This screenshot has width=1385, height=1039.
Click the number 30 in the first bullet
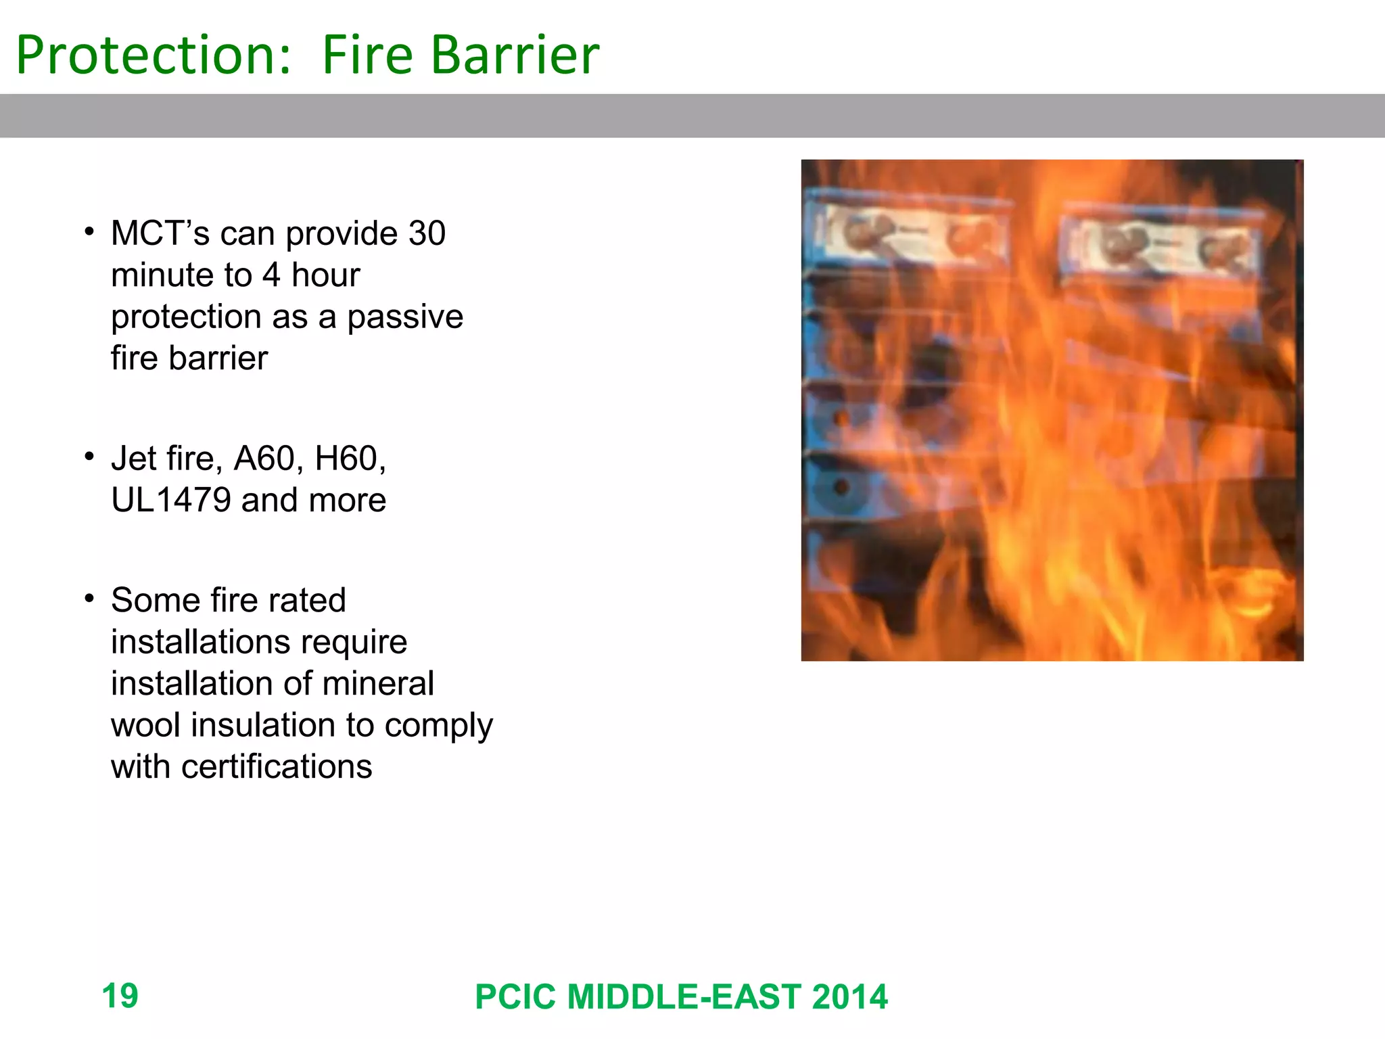tap(427, 233)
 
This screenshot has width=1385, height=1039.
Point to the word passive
tap(405, 318)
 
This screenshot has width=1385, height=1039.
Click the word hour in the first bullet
tap(325, 275)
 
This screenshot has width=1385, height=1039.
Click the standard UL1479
tap(171, 501)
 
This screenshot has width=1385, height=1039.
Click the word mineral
tap(378, 683)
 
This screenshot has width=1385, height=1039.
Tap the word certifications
tap(277, 767)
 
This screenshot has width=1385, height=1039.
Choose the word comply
tap(439, 726)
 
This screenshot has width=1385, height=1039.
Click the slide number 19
tap(120, 996)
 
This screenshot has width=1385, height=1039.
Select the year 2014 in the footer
tap(849, 997)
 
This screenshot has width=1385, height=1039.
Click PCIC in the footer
tap(516, 997)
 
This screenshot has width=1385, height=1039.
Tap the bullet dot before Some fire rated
tap(89, 599)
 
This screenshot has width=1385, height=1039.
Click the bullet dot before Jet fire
tap(89, 457)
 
